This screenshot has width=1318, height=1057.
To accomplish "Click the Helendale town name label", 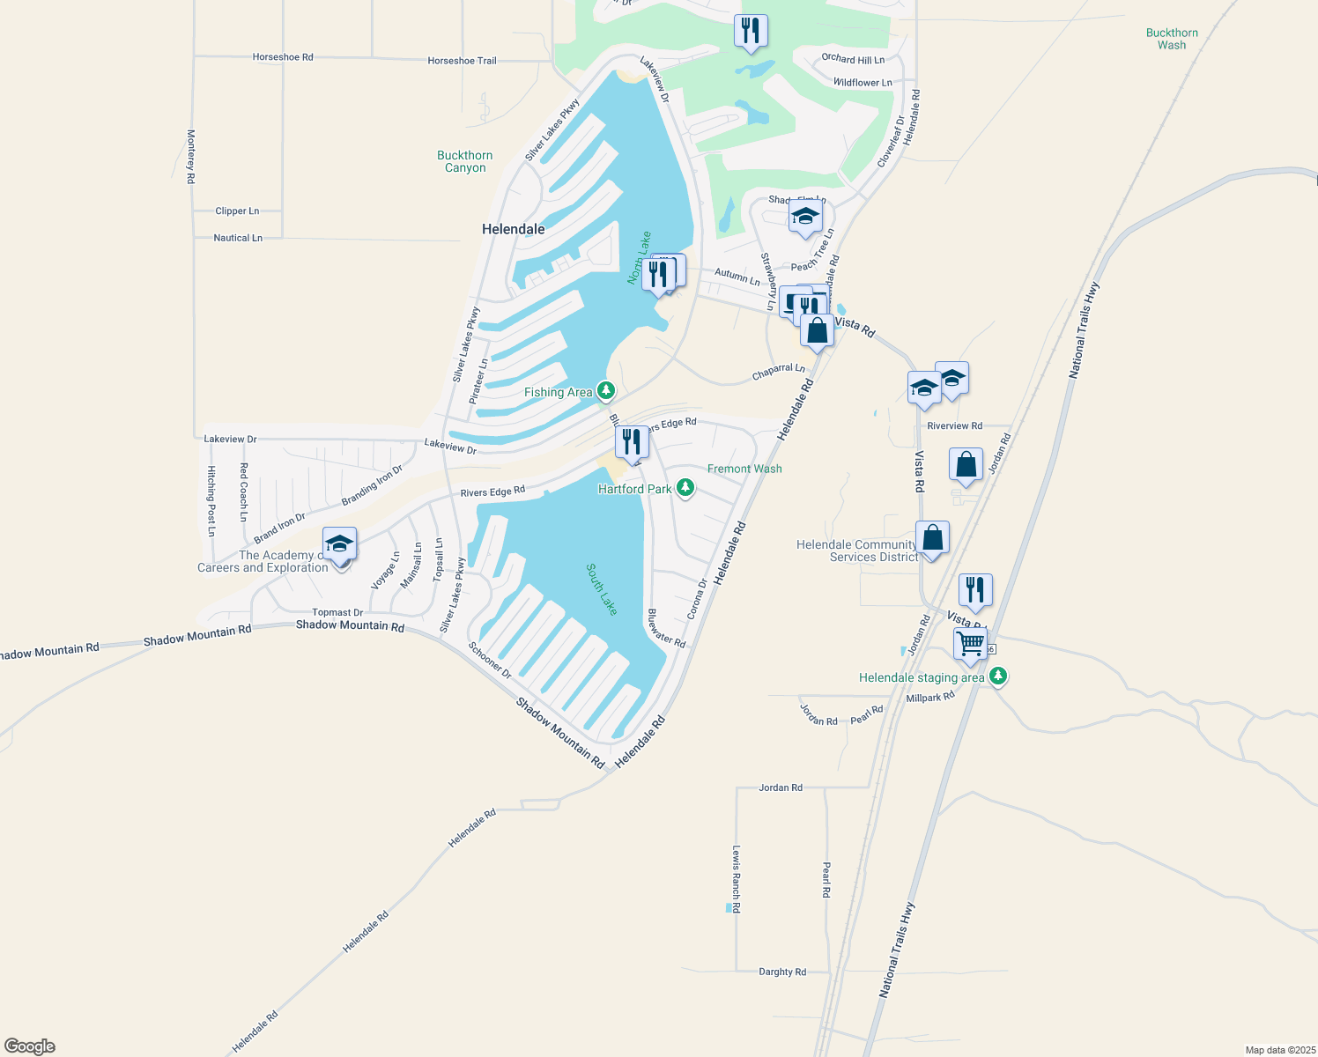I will pos(513,229).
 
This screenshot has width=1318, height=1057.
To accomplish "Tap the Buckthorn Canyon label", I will pos(464,161).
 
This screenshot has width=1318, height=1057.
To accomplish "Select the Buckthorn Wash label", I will pos(1172,39).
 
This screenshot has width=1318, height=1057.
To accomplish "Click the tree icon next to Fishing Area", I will pos(605,389).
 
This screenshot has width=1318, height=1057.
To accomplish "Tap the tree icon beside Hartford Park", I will pos(685,488).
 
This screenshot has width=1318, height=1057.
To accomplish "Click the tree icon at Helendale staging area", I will pos(997,676).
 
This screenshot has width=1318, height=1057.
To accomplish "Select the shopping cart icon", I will pos(970,643).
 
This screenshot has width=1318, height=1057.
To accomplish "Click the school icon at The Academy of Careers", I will pos(339,543).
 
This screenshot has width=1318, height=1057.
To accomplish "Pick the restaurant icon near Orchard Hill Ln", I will pos(751,30).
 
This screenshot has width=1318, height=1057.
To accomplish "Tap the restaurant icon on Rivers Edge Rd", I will pos(632,440).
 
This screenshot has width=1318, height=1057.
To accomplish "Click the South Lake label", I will pos(602,590).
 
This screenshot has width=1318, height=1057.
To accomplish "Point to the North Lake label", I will pos(640,258).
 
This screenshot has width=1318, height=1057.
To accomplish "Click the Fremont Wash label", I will pos(744,469).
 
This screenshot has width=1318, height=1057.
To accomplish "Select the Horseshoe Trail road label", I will pos(462,61).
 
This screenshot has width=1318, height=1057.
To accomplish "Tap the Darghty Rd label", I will pos(782,972).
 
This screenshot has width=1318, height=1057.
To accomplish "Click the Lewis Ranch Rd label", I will pos(737,878).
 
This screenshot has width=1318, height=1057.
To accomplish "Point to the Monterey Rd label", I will pos(190,157).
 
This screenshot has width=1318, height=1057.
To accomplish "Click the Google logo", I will pos(30,1046).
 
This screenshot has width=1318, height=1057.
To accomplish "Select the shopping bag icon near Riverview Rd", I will pos(966,464).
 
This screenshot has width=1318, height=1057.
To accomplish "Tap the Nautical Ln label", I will pos(238,238).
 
